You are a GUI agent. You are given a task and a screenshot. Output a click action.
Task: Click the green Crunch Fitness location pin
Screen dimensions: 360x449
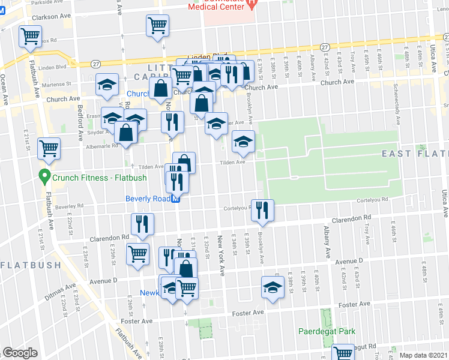coord(43,176)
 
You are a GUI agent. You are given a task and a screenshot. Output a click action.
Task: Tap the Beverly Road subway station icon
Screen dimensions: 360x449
coord(176,200)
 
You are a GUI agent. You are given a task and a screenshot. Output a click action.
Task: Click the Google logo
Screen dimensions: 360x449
coord(20,353)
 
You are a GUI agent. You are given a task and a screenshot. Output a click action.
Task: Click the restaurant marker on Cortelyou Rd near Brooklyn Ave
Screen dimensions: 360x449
coord(262,210)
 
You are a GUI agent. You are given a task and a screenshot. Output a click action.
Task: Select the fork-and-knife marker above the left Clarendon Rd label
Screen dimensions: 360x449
coord(142,225)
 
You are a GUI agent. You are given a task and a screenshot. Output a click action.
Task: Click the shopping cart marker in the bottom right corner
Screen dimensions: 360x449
coord(344,353)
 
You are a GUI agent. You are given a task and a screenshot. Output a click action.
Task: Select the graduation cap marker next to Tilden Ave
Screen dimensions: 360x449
coord(243,142)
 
